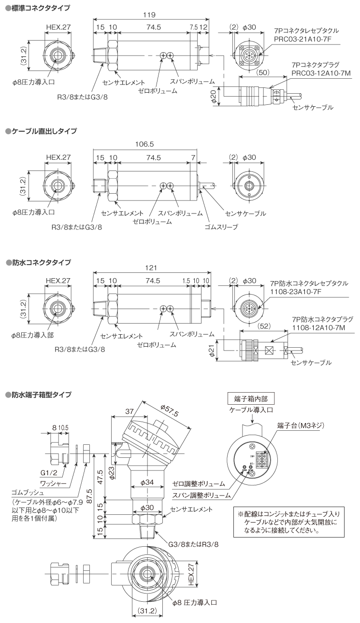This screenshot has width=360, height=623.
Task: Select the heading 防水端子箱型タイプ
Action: click(x=42, y=395)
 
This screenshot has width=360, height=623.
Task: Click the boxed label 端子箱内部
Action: click(x=250, y=399)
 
